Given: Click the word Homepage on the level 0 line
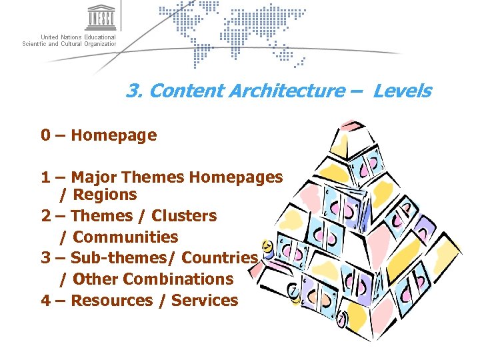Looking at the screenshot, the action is tap(113, 135).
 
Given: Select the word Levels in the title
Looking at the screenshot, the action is tap(402, 91).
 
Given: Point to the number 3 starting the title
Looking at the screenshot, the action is tap(132, 91).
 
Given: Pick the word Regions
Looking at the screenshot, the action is tap(105, 195).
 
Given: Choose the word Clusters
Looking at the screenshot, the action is tap(184, 216).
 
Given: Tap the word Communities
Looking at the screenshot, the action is tap(125, 237).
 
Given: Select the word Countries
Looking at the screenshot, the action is tap(219, 258).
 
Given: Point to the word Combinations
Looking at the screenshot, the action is tap(178, 279).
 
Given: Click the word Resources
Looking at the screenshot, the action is tap(111, 300).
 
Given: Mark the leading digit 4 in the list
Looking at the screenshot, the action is tap(45, 300).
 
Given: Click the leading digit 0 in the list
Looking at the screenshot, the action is tap(45, 135).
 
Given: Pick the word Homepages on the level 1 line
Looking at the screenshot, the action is tap(236, 177).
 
